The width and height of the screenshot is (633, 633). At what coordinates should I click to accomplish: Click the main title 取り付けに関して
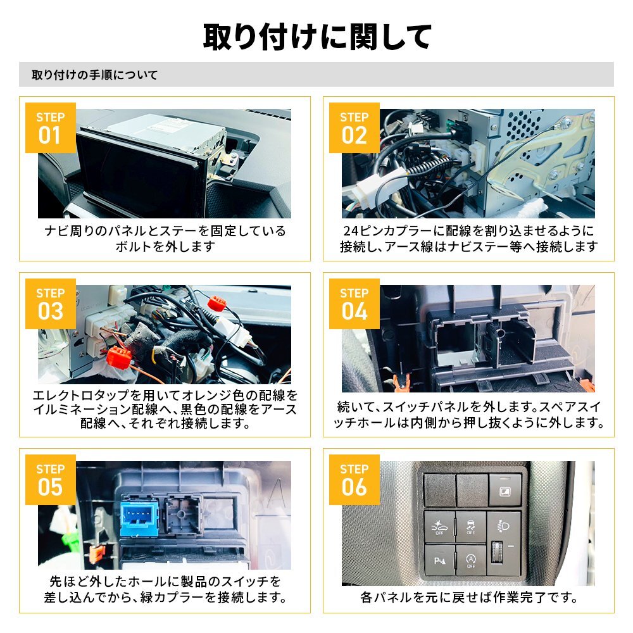pos(316,37)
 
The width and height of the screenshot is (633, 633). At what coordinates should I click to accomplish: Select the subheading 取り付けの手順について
pos(95,75)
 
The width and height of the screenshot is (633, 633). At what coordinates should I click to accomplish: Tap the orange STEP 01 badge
pos(50,127)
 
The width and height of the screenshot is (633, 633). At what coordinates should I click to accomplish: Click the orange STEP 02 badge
pos(354,127)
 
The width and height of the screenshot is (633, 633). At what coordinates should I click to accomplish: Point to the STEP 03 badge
pos(50,303)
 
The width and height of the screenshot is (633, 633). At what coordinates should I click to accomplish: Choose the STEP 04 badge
pos(354,303)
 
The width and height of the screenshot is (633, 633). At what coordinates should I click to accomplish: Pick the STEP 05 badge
pos(50,479)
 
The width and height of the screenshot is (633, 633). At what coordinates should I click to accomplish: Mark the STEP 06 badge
pos(354,479)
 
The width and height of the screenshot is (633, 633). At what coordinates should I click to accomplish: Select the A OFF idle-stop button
pos(470,560)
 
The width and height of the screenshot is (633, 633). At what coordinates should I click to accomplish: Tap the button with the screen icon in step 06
pos(505,491)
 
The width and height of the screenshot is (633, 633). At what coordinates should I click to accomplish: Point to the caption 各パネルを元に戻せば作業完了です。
pos(468,597)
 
